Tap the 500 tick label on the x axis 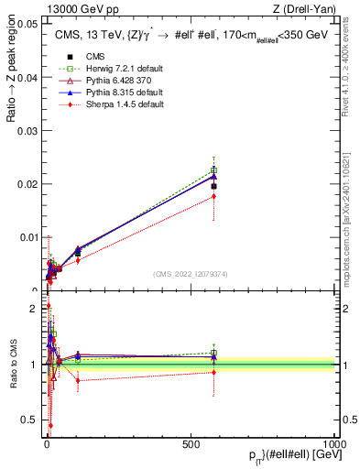pos(191,442)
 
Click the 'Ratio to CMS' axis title pos(13,365)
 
